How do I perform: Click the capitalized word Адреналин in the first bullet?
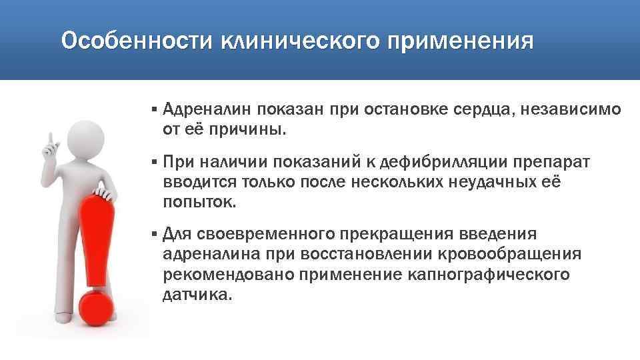[x=207, y=108]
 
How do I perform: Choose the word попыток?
[x=198, y=202]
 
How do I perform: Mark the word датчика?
[x=197, y=294]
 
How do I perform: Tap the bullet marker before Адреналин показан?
[x=153, y=108]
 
